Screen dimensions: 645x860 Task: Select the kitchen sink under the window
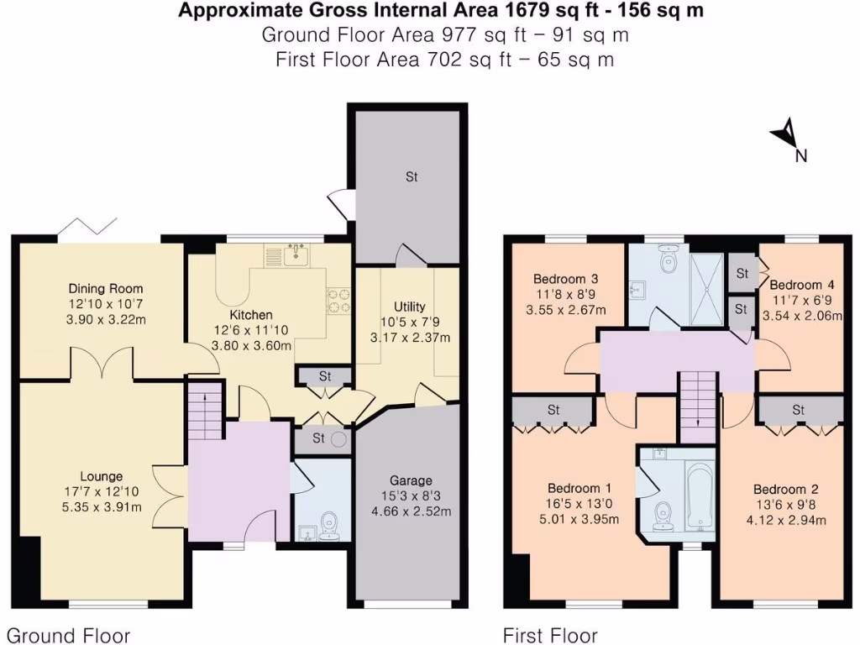[295, 254]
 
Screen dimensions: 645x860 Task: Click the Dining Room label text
[106, 289]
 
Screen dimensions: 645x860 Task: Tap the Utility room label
[410, 307]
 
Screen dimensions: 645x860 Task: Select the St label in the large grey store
[412, 177]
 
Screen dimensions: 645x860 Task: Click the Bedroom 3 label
[565, 279]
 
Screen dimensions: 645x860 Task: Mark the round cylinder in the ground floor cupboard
[339, 438]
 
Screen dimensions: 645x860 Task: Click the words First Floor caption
[550, 635]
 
